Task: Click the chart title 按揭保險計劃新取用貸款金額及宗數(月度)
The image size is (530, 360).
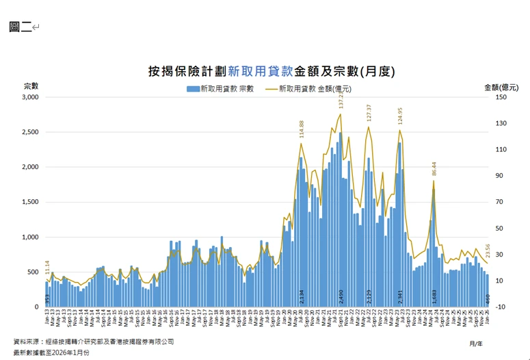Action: [x=271, y=70]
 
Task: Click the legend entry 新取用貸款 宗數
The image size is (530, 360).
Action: [x=220, y=88]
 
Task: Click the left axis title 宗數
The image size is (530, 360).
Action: [x=31, y=86]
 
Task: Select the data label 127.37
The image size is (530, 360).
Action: [x=369, y=114]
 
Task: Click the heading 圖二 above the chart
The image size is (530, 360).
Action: [x=20, y=27]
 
